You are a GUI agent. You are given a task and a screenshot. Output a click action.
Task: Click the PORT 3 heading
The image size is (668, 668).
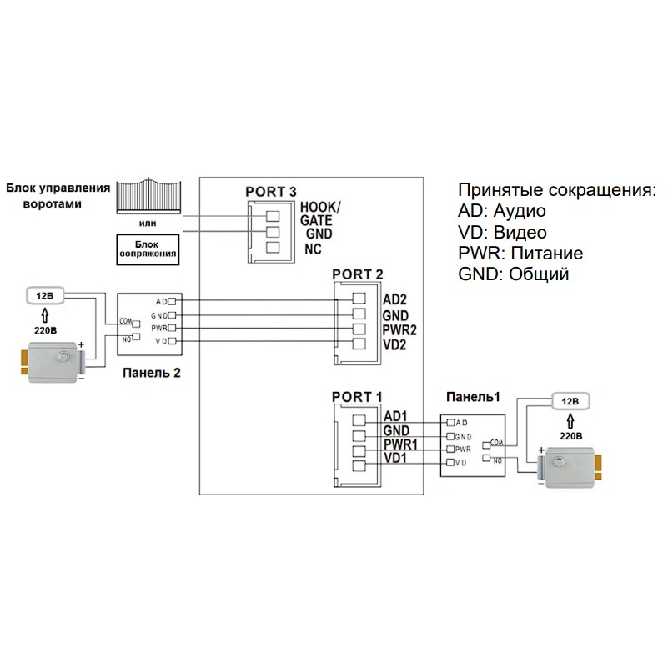click(271, 192)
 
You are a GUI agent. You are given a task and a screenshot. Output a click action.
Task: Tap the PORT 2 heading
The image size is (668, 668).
click(358, 274)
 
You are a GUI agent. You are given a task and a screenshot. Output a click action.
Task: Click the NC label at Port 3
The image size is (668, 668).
click(314, 249)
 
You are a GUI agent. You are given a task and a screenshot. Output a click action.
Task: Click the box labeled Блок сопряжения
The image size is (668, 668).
click(148, 249)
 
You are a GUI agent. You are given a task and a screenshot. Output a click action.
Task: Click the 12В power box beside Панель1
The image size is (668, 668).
click(569, 401)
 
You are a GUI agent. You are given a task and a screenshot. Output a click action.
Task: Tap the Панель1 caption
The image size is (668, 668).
click(473, 396)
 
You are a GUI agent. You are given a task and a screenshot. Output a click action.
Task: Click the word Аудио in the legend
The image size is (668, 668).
click(521, 211)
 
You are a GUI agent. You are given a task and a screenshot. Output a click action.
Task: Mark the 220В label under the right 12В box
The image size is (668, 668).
click(570, 434)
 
